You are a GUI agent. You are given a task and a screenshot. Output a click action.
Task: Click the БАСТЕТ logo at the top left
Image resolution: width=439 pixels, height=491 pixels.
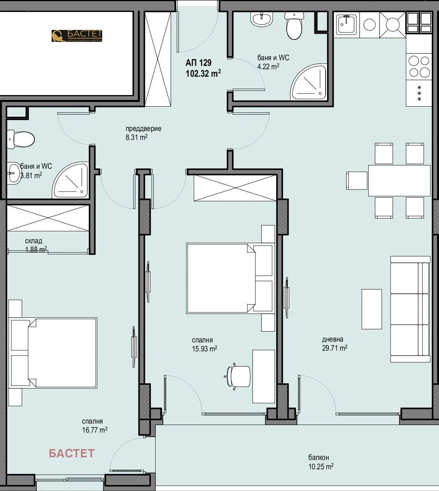point(77,36)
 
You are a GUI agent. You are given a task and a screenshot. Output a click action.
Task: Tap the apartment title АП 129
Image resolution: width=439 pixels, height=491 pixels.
point(198,63)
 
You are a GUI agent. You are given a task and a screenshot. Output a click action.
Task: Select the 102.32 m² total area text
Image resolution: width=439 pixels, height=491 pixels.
point(203,73)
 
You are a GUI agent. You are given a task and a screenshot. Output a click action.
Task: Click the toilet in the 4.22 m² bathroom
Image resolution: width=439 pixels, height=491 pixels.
point(294,26)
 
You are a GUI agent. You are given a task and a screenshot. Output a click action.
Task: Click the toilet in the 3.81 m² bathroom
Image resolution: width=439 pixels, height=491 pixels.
point(21,139)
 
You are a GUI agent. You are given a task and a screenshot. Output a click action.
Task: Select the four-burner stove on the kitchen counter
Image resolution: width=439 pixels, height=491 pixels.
point(419,66)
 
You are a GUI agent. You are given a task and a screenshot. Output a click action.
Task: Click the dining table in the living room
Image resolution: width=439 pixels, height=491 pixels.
point(399,180)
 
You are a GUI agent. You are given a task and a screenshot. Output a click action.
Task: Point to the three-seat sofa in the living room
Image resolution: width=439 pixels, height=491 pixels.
point(410,309)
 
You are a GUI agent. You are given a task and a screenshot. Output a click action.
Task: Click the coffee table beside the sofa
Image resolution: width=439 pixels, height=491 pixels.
point(372,309)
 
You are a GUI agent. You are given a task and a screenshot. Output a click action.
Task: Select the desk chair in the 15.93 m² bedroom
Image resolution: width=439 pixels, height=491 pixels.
point(238,376)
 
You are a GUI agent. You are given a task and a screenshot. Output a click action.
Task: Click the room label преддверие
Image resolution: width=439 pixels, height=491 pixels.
point(143,129)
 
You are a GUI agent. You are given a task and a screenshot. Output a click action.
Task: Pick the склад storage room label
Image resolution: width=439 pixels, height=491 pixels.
point(34,241)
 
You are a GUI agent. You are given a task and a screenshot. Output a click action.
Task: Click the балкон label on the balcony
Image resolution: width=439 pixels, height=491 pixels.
point(318,457)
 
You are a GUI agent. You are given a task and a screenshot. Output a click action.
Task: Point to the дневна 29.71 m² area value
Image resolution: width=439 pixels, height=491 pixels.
point(335,348)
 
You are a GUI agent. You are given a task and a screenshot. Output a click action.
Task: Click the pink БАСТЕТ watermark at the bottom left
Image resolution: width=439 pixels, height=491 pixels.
point(71,453)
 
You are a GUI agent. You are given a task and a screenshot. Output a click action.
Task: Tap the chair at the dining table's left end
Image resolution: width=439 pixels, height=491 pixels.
point(357,180)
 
